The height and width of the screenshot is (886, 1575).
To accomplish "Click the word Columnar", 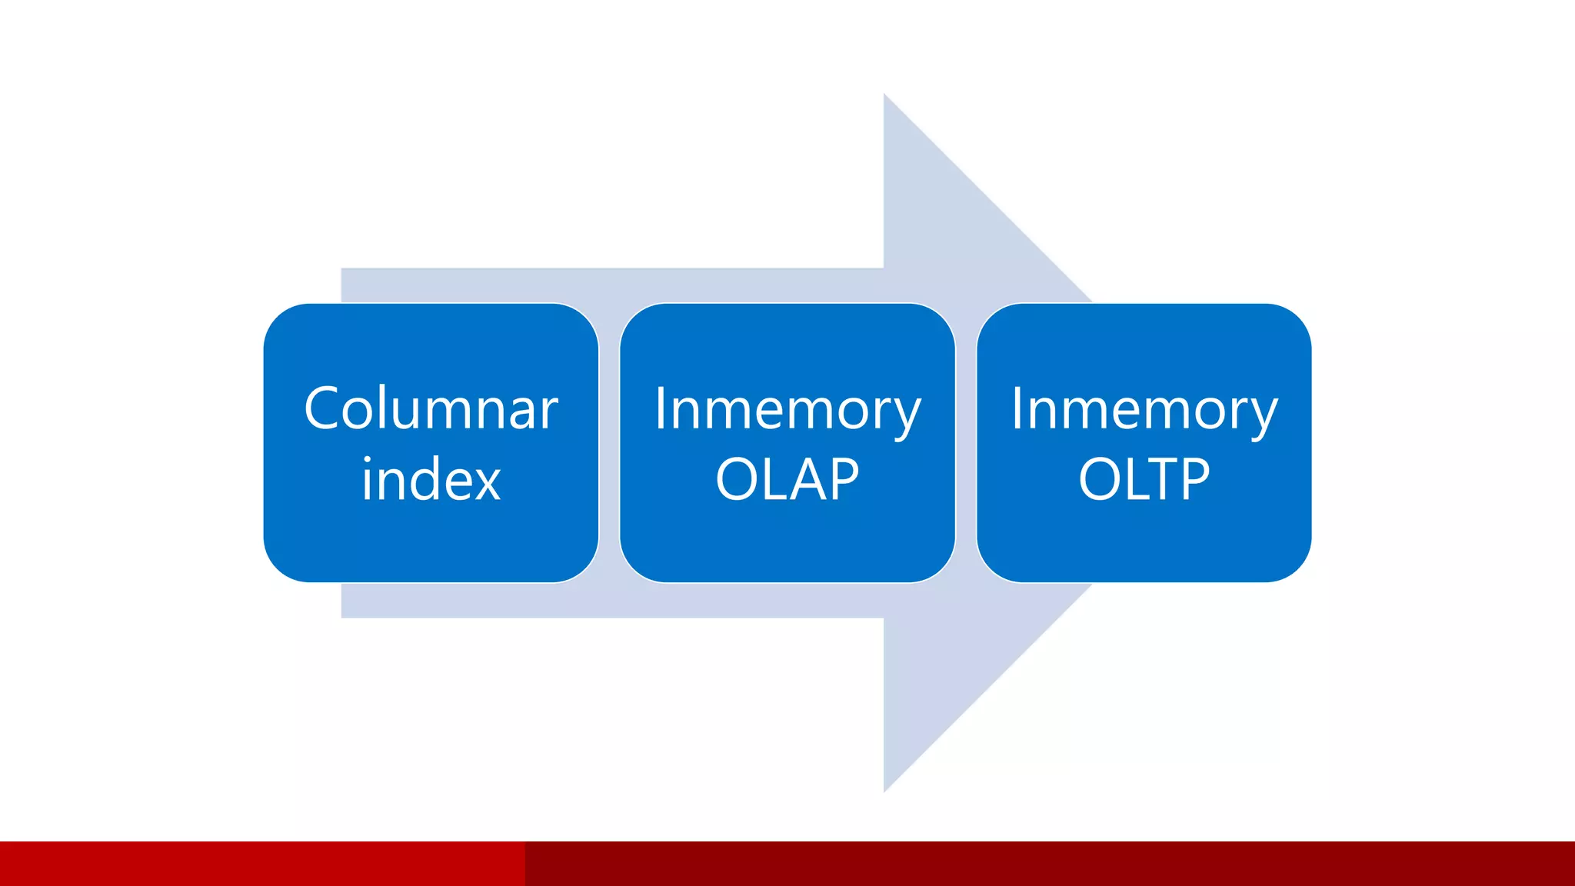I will click(431, 408).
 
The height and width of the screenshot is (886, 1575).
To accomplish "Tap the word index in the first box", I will click(431, 479).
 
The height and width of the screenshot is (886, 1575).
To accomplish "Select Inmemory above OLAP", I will click(787, 410).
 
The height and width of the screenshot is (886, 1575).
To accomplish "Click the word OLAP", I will click(787, 479).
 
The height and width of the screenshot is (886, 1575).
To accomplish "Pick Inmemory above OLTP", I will click(1144, 410).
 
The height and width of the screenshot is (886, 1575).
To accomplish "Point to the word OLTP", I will click(1144, 479).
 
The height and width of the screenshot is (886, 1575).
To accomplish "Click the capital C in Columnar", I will click(323, 408).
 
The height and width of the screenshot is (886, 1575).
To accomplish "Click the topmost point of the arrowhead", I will click(884, 95).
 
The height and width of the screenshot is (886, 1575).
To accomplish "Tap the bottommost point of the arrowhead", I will click(884, 791).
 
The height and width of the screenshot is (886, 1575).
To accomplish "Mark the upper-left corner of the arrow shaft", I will click(342, 269).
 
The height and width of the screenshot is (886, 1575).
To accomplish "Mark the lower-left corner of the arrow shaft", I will click(342, 617).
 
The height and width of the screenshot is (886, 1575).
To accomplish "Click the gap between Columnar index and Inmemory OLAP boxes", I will click(609, 443).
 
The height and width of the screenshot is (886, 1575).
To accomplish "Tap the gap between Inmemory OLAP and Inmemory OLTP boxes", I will click(966, 443).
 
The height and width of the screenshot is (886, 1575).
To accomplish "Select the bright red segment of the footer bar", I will click(261, 864).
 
